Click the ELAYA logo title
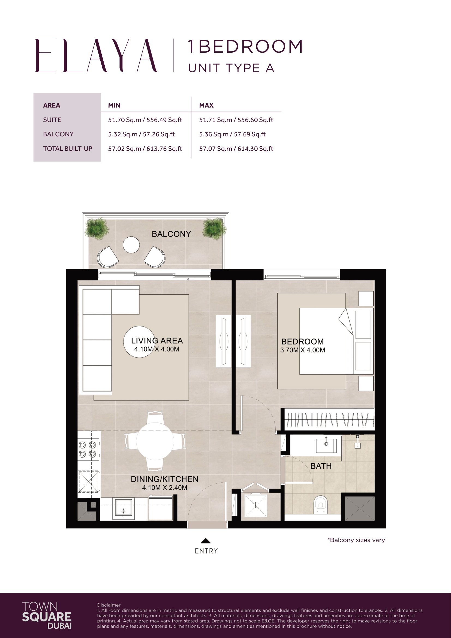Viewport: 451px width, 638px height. (96, 56)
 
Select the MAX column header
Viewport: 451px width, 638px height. (206, 105)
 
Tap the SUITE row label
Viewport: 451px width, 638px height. (52, 120)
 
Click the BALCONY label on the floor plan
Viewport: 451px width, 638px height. (171, 234)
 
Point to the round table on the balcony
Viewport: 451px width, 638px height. (131, 244)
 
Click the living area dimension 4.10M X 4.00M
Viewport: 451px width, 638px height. (157, 349)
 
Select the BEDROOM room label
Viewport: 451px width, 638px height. (302, 342)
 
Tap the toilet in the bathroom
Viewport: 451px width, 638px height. (320, 504)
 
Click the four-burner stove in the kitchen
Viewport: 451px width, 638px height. (87, 450)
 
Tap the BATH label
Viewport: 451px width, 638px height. (321, 466)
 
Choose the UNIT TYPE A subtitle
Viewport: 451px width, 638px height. (231, 68)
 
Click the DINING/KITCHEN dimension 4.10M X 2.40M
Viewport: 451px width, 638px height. (165, 488)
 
